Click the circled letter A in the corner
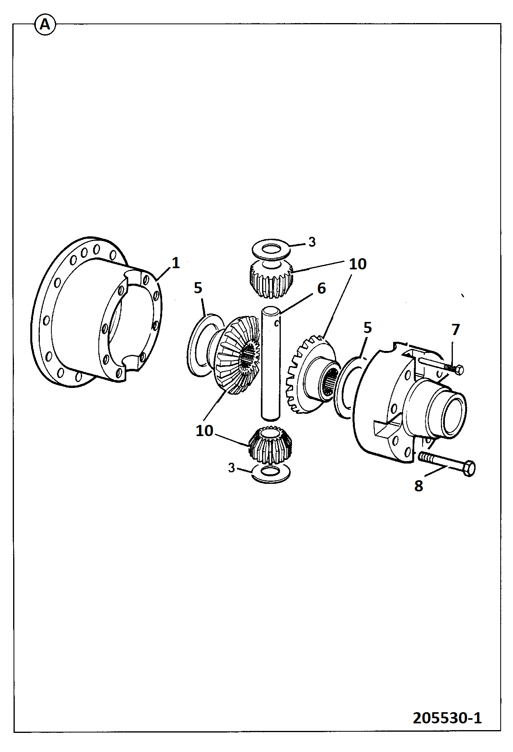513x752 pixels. pos(45,25)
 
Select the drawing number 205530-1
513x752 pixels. pos(447,718)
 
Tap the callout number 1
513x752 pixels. pos(176,263)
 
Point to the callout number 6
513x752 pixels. pos(321,288)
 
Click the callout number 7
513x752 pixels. pos(456,329)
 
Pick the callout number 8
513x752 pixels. pos(419,486)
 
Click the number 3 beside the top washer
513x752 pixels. pos(312,242)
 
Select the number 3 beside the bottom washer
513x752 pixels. pos(231,468)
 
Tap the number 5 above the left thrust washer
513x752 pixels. pos(198,288)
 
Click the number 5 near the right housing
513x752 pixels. pos(368,328)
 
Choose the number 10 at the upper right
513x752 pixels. pos(358,264)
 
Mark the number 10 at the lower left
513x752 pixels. pos(204,431)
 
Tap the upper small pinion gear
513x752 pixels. pos(271,279)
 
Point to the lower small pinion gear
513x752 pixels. pos(270,445)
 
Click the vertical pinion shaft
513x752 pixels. pos(271,362)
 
